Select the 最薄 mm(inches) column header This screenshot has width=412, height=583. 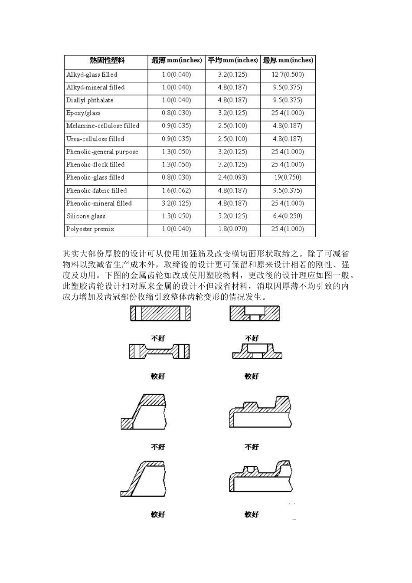point(177,60)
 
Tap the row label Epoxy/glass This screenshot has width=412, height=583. point(83,113)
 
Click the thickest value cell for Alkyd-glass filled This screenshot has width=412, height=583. point(288,75)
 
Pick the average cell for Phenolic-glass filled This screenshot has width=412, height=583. point(232,177)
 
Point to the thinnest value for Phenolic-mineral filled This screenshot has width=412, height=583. point(176,203)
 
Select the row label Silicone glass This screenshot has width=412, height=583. point(86,216)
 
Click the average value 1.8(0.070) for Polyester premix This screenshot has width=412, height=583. point(232,229)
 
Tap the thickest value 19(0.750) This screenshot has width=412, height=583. point(288,177)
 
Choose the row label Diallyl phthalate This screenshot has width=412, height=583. point(90,100)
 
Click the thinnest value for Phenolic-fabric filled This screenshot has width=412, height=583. point(176,190)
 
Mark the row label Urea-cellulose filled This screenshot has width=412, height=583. point(95,139)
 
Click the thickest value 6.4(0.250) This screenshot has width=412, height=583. point(288,216)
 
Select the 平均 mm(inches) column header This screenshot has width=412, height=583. point(232,60)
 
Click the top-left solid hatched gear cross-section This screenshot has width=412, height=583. point(160,313)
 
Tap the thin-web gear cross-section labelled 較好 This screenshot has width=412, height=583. point(159,351)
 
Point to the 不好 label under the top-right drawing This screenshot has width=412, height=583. point(252,338)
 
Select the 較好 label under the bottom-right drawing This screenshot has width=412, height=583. point(252,514)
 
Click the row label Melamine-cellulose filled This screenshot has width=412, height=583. point(103,126)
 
